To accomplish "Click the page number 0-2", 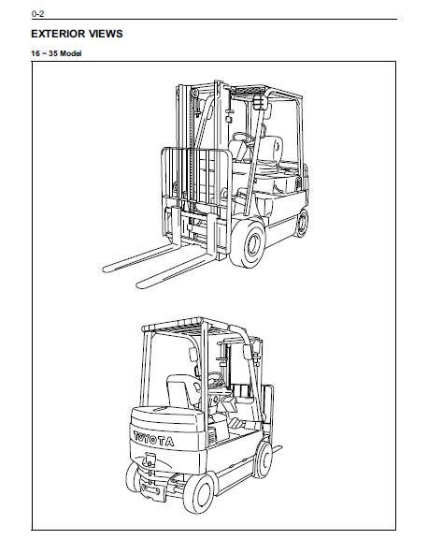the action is click(37, 14).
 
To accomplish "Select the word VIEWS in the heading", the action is click(106, 34).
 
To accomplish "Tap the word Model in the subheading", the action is click(71, 53).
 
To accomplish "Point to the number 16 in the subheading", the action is click(36, 53).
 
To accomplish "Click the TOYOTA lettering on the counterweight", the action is click(153, 439).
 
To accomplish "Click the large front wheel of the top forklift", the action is click(248, 244).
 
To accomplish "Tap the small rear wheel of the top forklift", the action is click(302, 223).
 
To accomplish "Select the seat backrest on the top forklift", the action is click(272, 149).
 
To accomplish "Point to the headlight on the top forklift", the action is click(260, 102).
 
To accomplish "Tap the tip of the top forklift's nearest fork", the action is click(138, 284).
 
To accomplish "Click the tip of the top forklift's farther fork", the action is click(105, 269).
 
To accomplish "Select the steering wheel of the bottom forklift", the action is click(215, 379).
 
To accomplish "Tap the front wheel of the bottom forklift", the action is click(263, 459).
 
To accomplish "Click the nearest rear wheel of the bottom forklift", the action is click(199, 493).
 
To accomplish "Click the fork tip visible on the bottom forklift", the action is click(279, 447).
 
